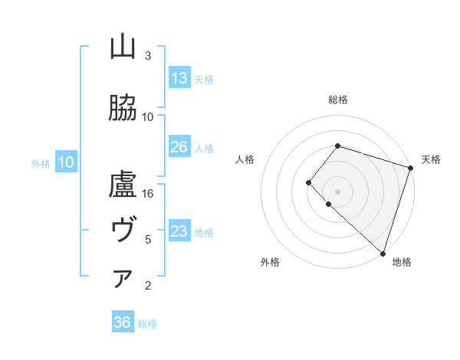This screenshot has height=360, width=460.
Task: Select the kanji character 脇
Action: click(x=123, y=108)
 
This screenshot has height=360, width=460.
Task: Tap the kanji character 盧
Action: click(x=123, y=185)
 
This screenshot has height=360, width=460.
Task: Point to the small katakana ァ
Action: click(x=123, y=280)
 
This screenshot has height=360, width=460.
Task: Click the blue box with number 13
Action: click(x=179, y=78)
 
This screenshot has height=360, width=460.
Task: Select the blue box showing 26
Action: click(x=179, y=147)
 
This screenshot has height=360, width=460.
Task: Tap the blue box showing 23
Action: click(x=179, y=231)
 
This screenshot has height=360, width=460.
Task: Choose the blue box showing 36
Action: click(x=123, y=322)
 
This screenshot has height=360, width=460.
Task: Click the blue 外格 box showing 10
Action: click(x=66, y=162)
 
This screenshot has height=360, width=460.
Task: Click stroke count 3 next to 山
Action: click(x=148, y=56)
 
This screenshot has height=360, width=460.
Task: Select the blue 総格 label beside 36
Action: click(x=147, y=324)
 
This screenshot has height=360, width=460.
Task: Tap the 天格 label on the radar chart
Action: click(x=431, y=159)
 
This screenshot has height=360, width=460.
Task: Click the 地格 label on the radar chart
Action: click(x=402, y=262)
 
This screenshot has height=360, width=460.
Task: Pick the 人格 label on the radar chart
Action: click(x=245, y=159)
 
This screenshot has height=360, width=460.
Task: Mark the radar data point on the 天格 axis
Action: click(x=411, y=168)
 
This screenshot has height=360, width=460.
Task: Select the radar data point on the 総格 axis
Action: click(x=337, y=146)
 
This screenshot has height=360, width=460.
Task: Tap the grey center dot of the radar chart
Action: click(x=337, y=191)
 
